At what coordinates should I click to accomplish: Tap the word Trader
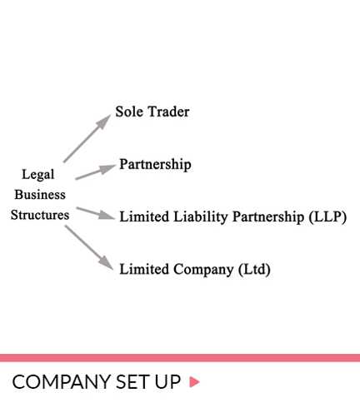[x=168, y=112]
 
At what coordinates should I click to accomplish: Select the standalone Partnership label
[x=155, y=165]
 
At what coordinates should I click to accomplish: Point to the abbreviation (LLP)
[x=327, y=216]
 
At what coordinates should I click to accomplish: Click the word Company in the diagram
[x=203, y=270]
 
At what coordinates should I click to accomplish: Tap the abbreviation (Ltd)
[x=254, y=270]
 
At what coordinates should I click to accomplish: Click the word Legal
[x=38, y=175]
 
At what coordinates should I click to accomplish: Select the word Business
[x=40, y=195]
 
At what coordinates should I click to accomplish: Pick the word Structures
[x=40, y=215]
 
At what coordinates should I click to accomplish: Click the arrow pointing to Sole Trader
[x=87, y=138]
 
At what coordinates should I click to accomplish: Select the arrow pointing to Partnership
[x=96, y=172]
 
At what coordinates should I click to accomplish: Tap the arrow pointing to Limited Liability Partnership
[x=96, y=213]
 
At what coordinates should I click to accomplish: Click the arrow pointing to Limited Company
[x=89, y=247]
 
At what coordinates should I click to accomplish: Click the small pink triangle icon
[x=194, y=382]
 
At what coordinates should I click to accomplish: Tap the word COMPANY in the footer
[x=62, y=382]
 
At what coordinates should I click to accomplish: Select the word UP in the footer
[x=168, y=382]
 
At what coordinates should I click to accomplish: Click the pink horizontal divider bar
[x=180, y=358]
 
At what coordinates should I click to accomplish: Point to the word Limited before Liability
[x=144, y=216]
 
